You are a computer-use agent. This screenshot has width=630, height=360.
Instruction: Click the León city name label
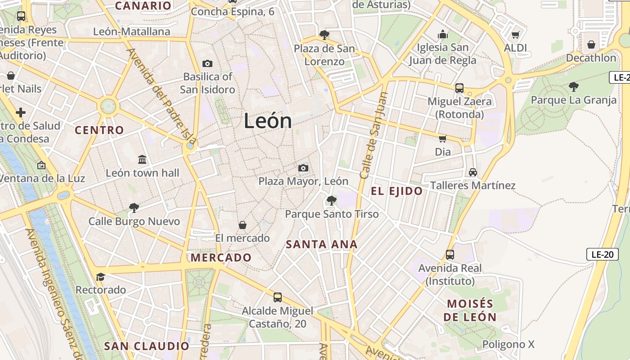268,121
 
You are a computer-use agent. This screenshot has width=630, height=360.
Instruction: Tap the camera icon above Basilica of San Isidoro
207,63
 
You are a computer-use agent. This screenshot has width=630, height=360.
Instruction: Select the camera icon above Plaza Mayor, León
303,168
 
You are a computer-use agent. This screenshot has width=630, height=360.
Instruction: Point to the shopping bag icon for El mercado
243,225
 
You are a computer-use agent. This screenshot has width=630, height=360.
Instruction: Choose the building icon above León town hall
143,159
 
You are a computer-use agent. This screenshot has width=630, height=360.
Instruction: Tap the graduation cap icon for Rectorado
100,277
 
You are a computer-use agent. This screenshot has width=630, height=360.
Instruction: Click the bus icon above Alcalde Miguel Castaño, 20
278,297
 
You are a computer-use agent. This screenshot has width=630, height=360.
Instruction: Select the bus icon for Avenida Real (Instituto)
450,255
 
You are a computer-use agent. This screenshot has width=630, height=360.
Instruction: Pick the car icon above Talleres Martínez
472,172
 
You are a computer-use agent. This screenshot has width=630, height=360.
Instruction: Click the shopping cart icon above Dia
443,139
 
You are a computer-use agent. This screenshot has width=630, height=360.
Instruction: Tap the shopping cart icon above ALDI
516,35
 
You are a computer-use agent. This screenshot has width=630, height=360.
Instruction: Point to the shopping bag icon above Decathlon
591,45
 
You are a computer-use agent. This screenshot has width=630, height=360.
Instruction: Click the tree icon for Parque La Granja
573,86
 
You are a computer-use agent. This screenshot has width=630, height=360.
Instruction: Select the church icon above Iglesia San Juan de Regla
443,34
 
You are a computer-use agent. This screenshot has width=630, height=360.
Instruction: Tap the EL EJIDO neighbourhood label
397,191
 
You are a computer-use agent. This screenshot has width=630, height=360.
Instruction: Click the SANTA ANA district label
322,245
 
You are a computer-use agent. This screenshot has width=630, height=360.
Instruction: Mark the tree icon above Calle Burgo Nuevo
134,207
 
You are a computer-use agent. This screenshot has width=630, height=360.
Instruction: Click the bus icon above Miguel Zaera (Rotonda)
459,88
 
